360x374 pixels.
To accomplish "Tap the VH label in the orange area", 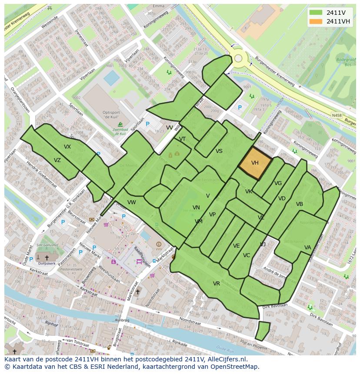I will tap(255, 163).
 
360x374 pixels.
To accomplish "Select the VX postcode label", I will tap(67, 147).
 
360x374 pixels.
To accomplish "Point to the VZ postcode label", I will tap(57, 160).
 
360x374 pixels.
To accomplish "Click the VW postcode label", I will tap(132, 202).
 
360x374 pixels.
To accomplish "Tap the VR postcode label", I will tap(217, 284).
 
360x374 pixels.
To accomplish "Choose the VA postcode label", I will tap(308, 248).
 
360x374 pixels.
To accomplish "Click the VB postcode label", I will tap(300, 204).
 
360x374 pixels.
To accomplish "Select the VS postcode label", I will tap(219, 151).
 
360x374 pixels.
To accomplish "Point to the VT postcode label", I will tap(183, 139).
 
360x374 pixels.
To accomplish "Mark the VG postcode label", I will tap(278, 183).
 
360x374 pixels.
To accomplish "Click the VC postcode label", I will tap(247, 255).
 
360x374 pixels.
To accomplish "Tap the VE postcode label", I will tap(237, 246).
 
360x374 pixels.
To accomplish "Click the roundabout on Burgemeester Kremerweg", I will tap(238, 58).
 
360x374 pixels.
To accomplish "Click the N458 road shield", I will tap(337, 116).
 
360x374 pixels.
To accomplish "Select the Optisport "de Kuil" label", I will tap(113, 115).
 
